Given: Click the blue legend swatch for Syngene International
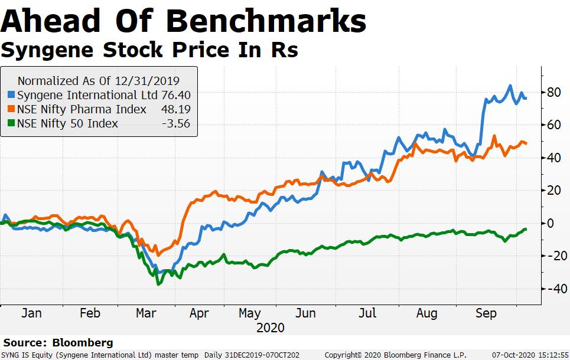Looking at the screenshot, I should tap(11, 94).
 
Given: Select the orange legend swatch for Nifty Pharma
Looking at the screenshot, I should tap(11, 109).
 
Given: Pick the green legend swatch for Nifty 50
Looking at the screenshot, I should tap(11, 123).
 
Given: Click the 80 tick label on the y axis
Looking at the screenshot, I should tap(553, 92).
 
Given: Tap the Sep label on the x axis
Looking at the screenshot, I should tap(486, 313).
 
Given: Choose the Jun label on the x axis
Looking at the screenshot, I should tap(305, 313).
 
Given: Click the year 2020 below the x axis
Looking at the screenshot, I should tap(270, 328).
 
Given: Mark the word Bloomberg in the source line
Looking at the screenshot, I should tap(83, 342).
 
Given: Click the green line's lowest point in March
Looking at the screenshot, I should tap(158, 284).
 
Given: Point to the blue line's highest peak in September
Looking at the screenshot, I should tap(510, 86).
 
